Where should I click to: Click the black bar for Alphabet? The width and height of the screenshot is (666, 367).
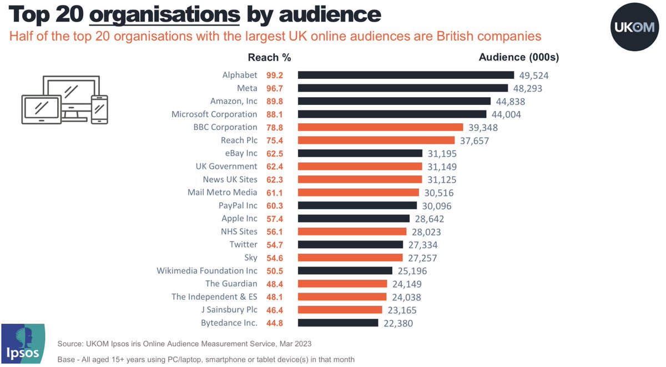[x=406, y=75]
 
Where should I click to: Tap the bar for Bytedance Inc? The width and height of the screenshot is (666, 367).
[x=338, y=323]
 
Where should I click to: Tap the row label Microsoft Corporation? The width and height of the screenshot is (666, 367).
[x=222, y=114]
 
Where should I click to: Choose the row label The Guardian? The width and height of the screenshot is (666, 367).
[x=231, y=284]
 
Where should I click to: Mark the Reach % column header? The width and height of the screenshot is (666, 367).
[x=269, y=58]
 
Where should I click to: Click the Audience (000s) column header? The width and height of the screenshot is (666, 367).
[x=519, y=58]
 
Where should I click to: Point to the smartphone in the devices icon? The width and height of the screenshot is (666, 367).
[x=99, y=110]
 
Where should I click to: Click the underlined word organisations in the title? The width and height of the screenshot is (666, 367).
[x=165, y=14]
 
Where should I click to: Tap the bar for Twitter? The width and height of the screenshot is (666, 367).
[x=350, y=245]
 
